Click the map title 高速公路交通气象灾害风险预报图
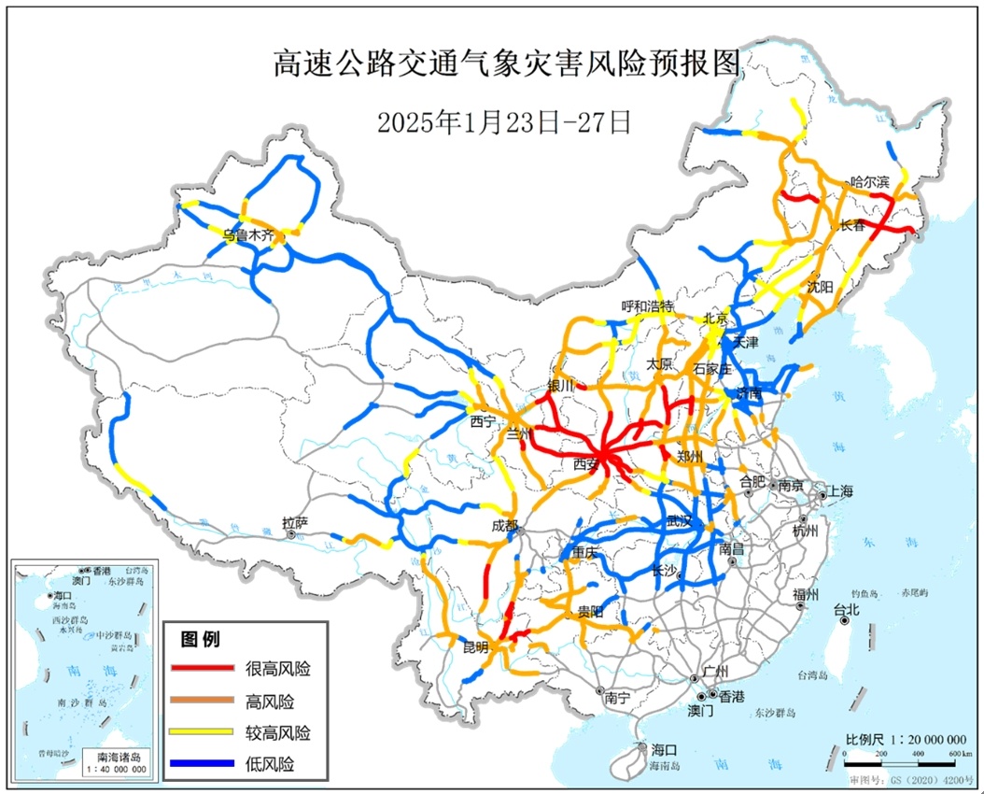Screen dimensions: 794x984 [x=509, y=64]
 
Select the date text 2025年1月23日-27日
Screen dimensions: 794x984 [x=505, y=121]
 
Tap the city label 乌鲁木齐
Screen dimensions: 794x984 [x=249, y=236]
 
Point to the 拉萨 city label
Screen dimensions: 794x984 [x=294, y=523]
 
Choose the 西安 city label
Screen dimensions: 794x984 [x=585, y=464]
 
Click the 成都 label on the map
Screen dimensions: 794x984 [x=504, y=526]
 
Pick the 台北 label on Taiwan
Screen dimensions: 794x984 [x=845, y=610]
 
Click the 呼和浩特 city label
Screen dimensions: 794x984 [x=648, y=306]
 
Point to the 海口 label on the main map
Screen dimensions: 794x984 [x=664, y=749]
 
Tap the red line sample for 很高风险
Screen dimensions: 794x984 [x=202, y=668]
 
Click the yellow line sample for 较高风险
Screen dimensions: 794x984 [x=202, y=732]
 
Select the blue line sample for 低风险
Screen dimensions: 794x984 [x=202, y=764]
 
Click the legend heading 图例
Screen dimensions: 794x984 [x=200, y=640]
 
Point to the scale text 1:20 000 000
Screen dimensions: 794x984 [x=906, y=738]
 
